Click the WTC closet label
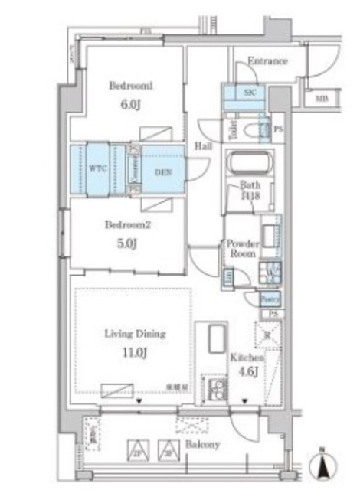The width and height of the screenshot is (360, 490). tap(97, 166)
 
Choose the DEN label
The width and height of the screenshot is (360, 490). tap(162, 171)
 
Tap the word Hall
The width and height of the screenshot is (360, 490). tap(203, 144)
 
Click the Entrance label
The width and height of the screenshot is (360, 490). tap(267, 61)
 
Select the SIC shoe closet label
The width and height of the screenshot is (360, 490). tap(250, 92)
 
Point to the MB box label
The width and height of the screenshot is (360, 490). tap(321, 99)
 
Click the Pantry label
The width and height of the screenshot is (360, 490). tap(269, 297)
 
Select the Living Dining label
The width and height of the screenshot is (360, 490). tap(135, 334)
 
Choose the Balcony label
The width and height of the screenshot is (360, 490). tap(202, 444)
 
